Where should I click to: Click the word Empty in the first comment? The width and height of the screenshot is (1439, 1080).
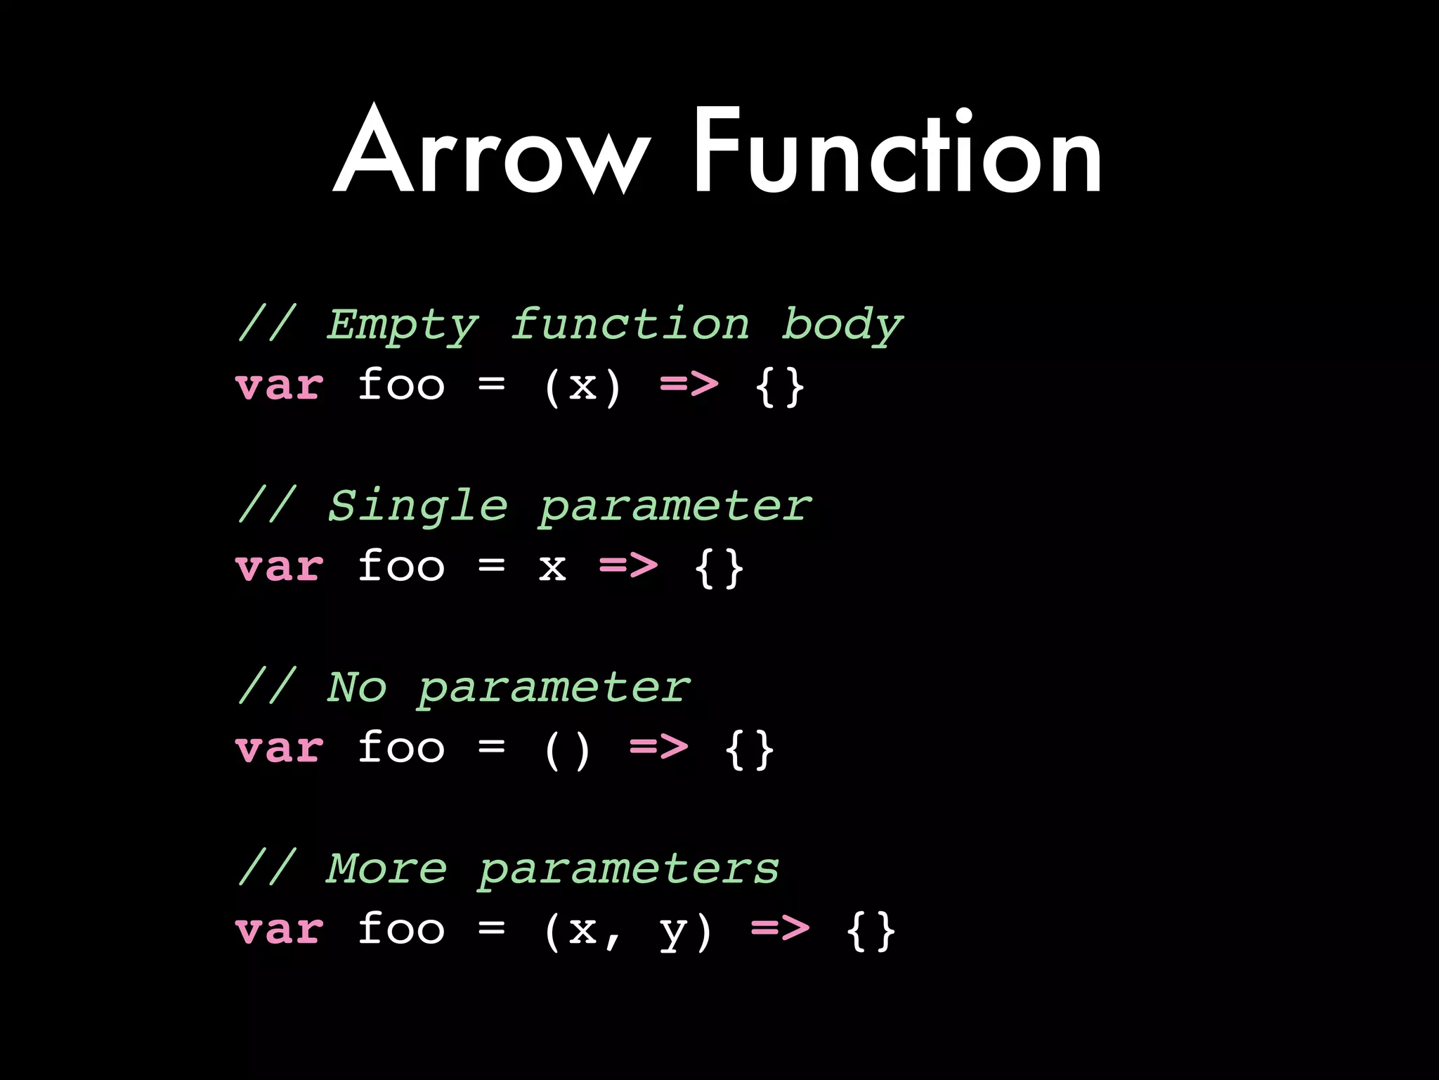pos(403,325)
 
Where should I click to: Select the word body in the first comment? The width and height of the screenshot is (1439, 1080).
pos(842,325)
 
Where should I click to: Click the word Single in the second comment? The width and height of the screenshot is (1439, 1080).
pos(418,506)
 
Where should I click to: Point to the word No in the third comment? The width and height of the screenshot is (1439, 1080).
pos(357,687)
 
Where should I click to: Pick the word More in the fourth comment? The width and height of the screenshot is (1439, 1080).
pos(387,868)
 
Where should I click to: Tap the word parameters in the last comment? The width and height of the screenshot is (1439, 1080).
pos(629,870)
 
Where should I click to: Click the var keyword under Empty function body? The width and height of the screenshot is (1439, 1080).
pos(280,386)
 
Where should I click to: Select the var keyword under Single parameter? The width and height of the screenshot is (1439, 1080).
pos(280,567)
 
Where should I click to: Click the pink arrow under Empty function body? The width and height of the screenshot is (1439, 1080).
pos(689,385)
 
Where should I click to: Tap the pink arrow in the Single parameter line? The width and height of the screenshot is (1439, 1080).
pos(629,565)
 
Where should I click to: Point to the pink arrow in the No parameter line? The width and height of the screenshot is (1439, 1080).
pos(659,747)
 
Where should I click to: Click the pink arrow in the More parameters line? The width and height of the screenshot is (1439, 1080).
pos(780,928)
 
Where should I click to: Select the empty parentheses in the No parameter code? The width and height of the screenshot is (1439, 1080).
pos(567,750)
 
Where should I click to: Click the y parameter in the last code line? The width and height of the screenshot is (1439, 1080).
pos(673,931)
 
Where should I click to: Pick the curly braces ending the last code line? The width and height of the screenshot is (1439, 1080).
pos(871,931)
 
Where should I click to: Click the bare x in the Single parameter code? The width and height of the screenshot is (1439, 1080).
pos(552,567)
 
